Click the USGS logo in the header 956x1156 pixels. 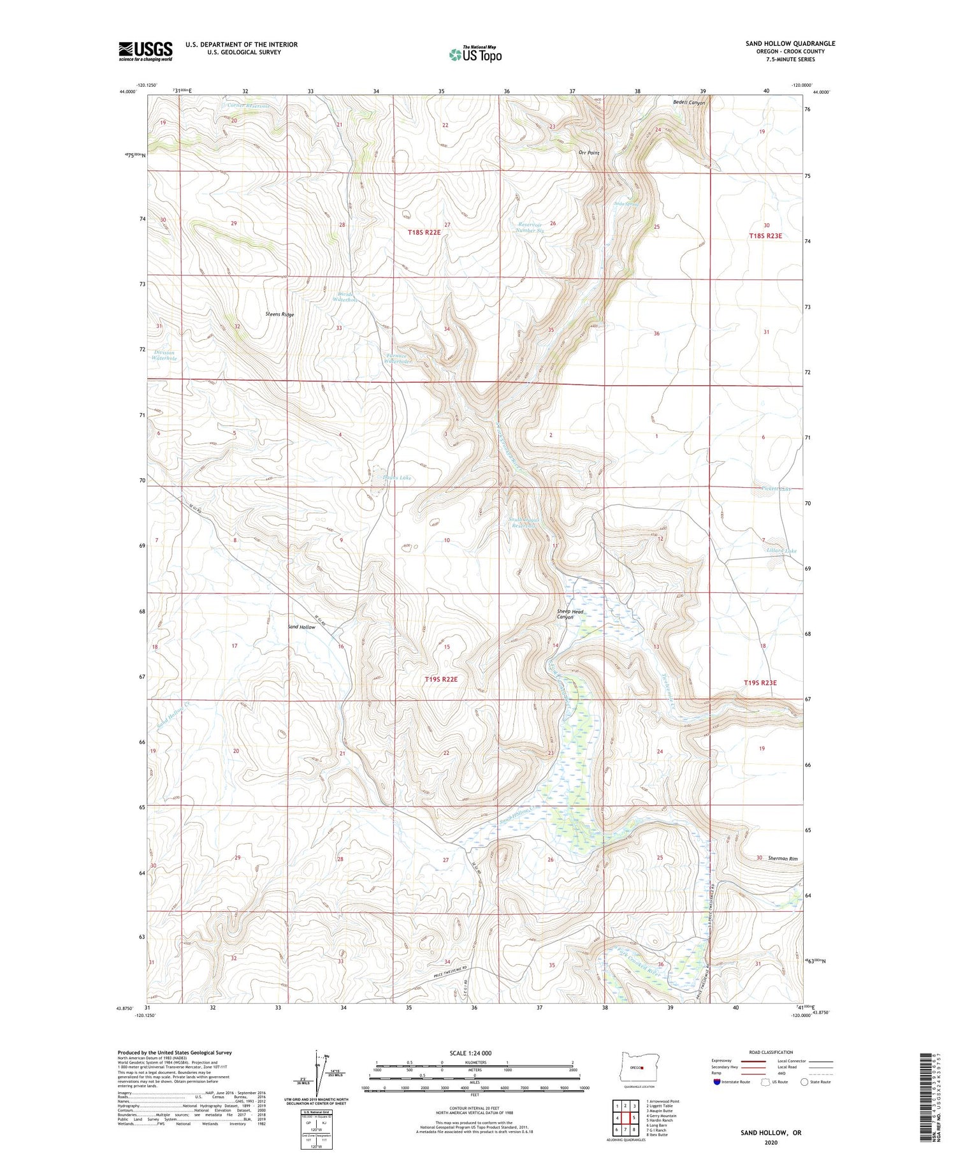coord(145,50)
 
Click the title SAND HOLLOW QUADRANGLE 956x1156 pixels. coord(790,43)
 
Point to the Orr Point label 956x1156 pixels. coord(588,153)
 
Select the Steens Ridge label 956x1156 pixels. coord(280,314)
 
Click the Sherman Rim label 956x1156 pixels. coord(783,858)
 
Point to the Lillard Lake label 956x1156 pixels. coord(782,550)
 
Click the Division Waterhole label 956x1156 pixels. coord(164,355)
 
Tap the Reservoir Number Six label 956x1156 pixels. coord(530,227)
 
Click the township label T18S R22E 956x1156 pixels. coord(424,233)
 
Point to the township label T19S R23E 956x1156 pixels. coord(760,682)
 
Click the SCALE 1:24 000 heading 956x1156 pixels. coord(470,1053)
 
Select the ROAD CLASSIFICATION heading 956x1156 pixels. coord(771,1052)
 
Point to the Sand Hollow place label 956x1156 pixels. coord(301,627)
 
